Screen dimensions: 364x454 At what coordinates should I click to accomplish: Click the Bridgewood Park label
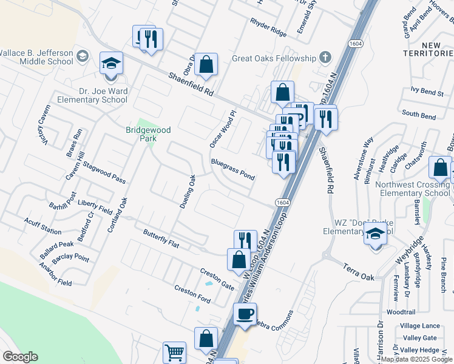pos(148,134)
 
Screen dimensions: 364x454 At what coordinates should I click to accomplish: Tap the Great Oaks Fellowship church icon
pos(325,58)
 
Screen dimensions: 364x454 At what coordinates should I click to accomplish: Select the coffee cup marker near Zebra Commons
pos(245,314)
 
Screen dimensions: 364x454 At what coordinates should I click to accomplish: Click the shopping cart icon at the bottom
pos(174,352)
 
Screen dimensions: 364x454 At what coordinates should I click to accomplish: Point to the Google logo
pos(21,356)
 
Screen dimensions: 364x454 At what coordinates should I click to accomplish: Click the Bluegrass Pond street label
pos(232,169)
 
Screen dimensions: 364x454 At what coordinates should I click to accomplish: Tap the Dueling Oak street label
pos(188,192)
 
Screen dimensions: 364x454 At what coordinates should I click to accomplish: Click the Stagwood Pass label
pos(104,172)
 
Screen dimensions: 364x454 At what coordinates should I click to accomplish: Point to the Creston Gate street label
pos(217,277)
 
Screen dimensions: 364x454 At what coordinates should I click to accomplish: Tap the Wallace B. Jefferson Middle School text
pos(36,57)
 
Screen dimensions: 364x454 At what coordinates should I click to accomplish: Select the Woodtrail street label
pos(401,312)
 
